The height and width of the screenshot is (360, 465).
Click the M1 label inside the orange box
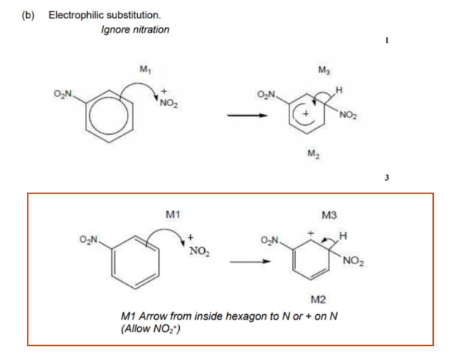coord(173,214)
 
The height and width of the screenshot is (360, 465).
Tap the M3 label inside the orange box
coord(329,215)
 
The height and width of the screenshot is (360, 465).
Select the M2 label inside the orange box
coord(318,300)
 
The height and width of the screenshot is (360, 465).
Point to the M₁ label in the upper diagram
coord(145,69)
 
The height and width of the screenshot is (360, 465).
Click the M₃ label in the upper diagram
coord(324,70)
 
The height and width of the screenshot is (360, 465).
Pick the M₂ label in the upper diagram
coord(314,154)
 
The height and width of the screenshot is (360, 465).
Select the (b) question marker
coord(28,15)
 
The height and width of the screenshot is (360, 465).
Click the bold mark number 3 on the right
coord(387,177)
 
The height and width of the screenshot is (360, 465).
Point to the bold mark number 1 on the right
coord(387,40)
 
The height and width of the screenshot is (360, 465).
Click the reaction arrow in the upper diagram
coord(248,116)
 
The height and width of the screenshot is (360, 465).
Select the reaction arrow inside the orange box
coord(251,262)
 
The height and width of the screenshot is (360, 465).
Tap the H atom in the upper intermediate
coord(339,90)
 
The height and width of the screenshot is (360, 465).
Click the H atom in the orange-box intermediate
coord(343,236)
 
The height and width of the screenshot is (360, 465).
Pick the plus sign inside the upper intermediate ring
coord(306,113)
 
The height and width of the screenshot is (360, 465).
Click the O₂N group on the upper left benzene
coord(63,94)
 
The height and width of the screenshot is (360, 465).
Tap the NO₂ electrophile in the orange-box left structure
coord(199,252)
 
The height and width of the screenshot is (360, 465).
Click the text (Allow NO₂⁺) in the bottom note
coord(150,329)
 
